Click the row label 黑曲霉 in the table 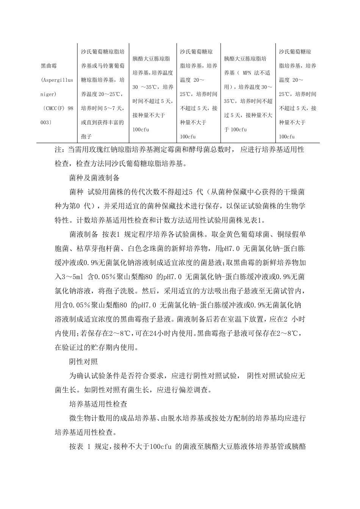coord(49,66)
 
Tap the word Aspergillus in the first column coord(57,80)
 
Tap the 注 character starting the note coord(58,150)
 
